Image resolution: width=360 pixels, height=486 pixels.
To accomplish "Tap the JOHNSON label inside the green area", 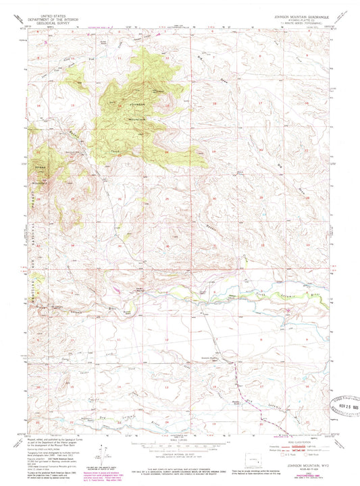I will (x=137, y=105).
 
